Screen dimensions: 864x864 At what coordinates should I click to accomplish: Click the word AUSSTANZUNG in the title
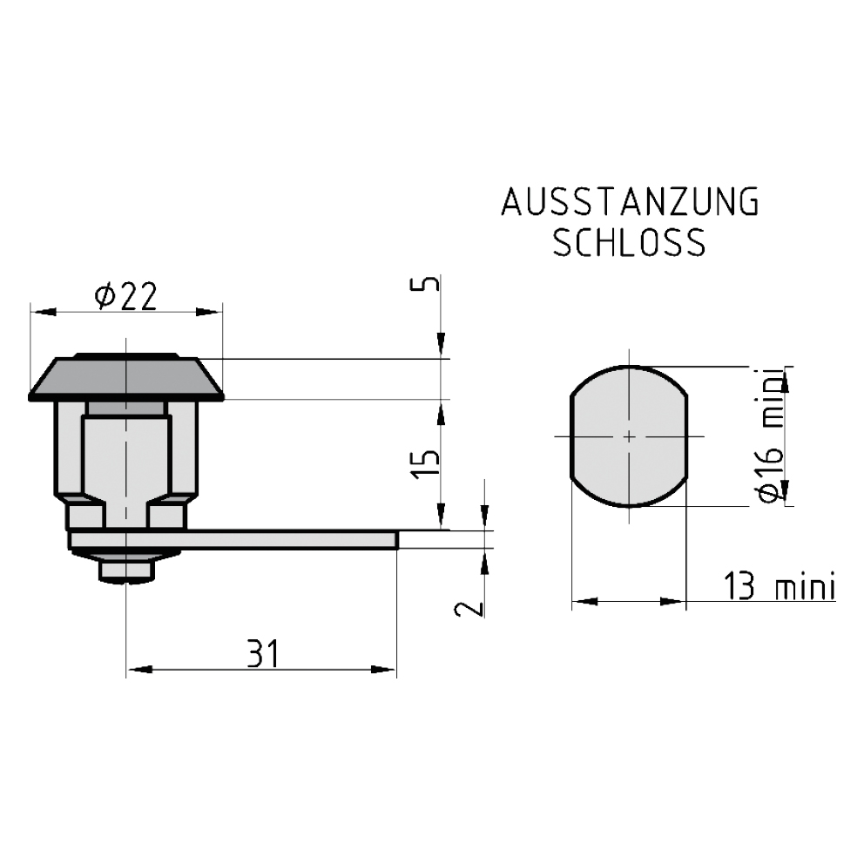point(631,202)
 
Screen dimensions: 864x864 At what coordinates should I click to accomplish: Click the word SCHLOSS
point(629,242)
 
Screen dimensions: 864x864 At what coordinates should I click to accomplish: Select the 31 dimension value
point(263,654)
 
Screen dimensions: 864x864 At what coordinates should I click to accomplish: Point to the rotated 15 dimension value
point(427,464)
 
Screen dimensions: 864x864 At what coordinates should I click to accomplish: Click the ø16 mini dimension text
point(770,435)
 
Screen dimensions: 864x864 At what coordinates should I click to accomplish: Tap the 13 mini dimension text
point(780,585)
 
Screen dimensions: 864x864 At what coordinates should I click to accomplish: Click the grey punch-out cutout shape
point(629,435)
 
